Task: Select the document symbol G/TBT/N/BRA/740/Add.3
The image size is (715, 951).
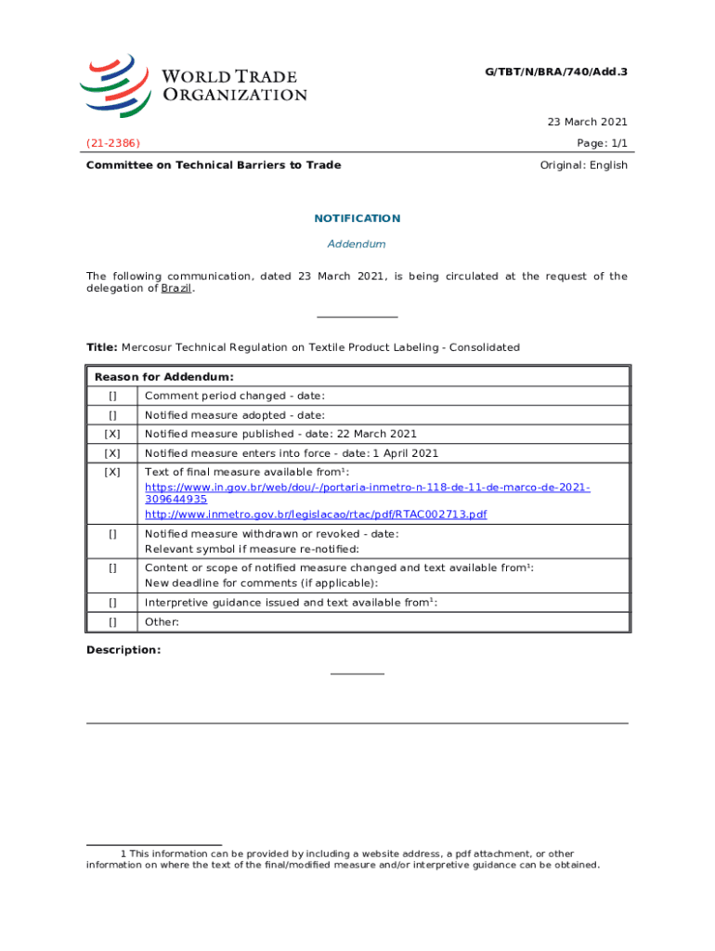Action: [x=556, y=72]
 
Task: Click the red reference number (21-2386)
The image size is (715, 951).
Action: [x=113, y=143]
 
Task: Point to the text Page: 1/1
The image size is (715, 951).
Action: [x=603, y=143]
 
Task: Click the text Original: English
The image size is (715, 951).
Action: [x=583, y=165]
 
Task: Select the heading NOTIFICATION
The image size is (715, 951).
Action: [x=357, y=218]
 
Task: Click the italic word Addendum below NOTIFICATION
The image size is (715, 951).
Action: [x=357, y=244]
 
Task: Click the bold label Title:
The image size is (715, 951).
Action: [x=101, y=347]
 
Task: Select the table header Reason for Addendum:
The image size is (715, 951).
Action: [x=163, y=377]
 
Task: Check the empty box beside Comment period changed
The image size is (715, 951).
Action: [x=112, y=397]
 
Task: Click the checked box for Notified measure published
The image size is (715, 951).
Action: [x=112, y=435]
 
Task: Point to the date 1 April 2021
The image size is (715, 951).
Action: [x=405, y=453]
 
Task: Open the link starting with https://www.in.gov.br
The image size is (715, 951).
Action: [x=368, y=488]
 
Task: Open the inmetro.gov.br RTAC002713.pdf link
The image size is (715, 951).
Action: [x=316, y=515]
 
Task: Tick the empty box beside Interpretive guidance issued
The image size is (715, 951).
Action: [x=112, y=603]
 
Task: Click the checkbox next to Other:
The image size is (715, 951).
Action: [x=112, y=622]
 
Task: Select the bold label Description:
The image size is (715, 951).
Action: [x=123, y=650]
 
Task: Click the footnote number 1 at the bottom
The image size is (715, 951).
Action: [x=123, y=853]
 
